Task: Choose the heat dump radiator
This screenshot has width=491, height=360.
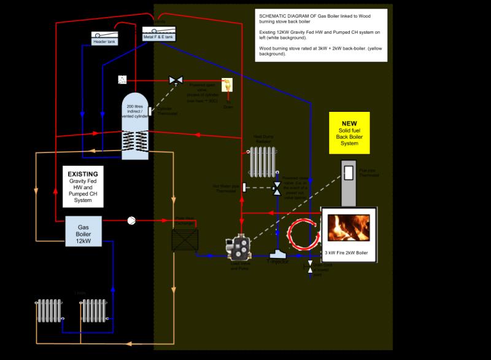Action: (x=263, y=161)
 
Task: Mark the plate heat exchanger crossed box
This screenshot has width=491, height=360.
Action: (x=185, y=239)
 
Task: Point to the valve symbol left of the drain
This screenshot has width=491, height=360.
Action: (x=176, y=80)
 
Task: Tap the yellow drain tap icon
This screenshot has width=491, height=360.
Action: (x=228, y=84)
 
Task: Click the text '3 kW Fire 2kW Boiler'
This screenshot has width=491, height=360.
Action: (x=349, y=253)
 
